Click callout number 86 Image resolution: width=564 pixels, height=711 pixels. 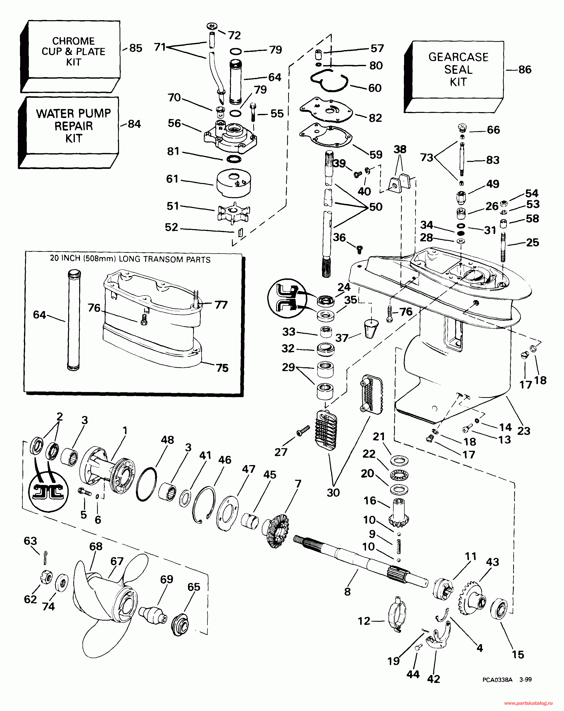(525, 69)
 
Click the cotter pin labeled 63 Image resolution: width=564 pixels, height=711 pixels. (45, 557)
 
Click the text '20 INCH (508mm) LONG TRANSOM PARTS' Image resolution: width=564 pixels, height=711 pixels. (130, 259)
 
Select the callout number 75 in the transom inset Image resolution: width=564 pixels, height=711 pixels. (222, 368)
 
